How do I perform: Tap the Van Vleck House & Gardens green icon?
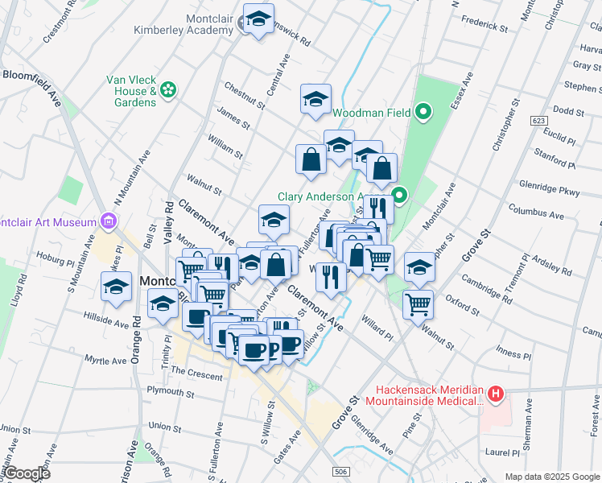tap(168, 89)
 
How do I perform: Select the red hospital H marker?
tap(496, 394)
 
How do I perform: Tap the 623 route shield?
tap(538, 120)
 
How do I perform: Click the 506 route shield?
tap(340, 469)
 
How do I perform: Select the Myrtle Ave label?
tap(105, 361)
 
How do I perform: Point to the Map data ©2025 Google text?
tap(551, 477)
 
